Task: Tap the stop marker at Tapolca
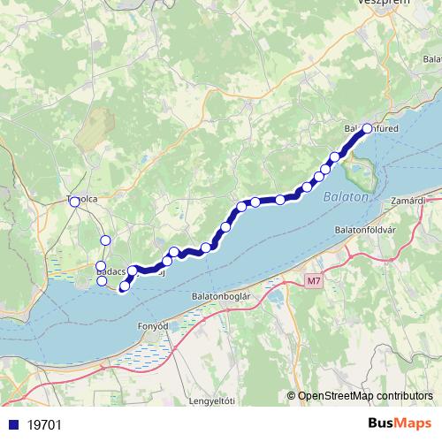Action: [x=74, y=202]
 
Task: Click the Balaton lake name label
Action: [x=345, y=196]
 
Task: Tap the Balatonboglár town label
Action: [x=227, y=295]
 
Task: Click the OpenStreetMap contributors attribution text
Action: [x=365, y=395]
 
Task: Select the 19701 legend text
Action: [x=44, y=424]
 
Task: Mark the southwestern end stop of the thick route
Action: [x=124, y=286]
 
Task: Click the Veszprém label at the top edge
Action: [x=383, y=4]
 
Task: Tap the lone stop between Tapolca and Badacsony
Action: [x=105, y=240]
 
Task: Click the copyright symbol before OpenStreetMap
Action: [x=292, y=395]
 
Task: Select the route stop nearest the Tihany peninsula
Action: [x=334, y=157]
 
